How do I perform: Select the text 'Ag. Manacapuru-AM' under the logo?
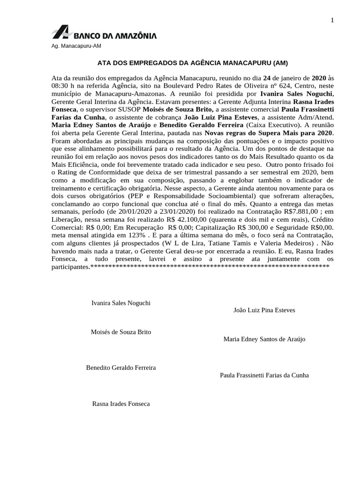(x=76, y=46)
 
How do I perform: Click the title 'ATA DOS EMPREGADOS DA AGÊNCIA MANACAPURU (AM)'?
(x=192, y=62)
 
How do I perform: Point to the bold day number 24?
(x=267, y=77)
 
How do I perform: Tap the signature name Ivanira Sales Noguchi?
(x=120, y=303)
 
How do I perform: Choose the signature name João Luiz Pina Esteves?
(x=264, y=310)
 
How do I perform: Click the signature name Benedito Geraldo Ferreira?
(x=121, y=367)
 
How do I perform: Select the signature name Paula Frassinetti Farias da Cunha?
(x=264, y=375)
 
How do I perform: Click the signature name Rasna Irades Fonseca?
(x=121, y=403)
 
